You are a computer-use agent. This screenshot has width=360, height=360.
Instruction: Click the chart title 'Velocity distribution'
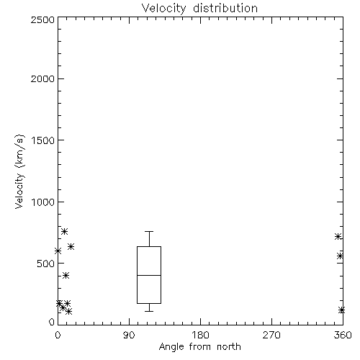tap(199, 8)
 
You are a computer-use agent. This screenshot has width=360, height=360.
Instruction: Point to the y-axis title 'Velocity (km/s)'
tap(19, 171)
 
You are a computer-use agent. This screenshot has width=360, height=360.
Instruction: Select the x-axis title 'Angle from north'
tap(199, 347)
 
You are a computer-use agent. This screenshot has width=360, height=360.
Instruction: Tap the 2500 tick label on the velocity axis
tap(42, 19)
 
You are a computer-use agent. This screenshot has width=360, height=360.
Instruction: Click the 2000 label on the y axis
tap(42, 78)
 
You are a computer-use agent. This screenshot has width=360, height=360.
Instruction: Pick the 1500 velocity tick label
tap(43, 140)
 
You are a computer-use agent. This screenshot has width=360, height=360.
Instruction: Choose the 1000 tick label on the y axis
tap(43, 202)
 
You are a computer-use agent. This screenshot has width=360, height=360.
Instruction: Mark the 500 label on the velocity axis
tap(46, 264)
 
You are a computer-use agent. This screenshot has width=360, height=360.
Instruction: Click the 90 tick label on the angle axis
tap(129, 335)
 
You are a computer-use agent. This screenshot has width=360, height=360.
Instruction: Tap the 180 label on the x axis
tap(200, 335)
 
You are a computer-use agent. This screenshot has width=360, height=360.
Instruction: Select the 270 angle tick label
tap(271, 335)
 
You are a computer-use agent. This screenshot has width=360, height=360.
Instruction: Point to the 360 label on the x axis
tap(343, 335)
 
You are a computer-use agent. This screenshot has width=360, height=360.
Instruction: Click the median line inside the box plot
tap(149, 275)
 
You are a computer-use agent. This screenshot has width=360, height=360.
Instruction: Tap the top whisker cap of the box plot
tap(149, 231)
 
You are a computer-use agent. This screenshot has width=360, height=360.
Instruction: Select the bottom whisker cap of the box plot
tap(149, 311)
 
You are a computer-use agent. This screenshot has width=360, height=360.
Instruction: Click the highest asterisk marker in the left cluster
tap(64, 231)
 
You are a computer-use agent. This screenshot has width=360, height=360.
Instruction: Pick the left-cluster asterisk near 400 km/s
tap(66, 275)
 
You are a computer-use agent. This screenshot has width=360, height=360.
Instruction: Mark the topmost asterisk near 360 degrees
tap(338, 237)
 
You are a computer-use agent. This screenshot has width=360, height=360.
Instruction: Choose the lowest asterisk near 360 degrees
tap(341, 310)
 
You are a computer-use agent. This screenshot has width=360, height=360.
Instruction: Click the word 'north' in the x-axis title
tap(229, 347)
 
